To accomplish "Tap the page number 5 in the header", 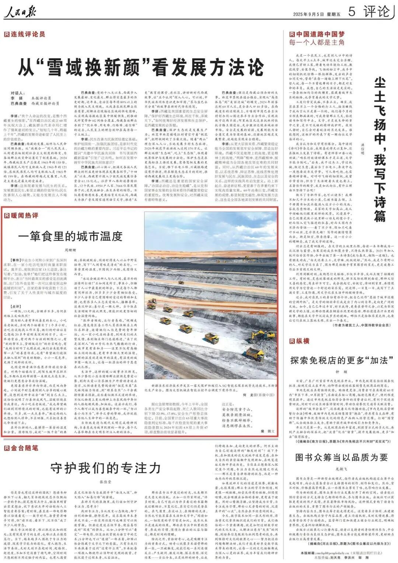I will pyautogui.click(x=352, y=12).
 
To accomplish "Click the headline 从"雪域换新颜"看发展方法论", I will pyautogui.click(x=142, y=67).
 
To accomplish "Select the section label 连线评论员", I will pyautogui.click(x=25, y=34).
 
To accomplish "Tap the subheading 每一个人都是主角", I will pyautogui.click(x=317, y=42).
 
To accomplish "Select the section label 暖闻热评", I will pyautogui.click(x=22, y=215).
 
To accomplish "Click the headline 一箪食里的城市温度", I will pyautogui.click(x=70, y=236).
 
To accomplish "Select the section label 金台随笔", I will pyautogui.click(x=22, y=448).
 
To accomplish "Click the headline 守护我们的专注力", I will pyautogui.click(x=105, y=468).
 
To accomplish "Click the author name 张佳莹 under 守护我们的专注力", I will pyautogui.click(x=105, y=482).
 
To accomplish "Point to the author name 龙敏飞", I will pyautogui.click(x=341, y=468).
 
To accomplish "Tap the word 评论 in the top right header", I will pyautogui.click(x=376, y=12).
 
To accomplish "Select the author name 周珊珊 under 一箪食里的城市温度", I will pyautogui.click(x=70, y=250).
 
